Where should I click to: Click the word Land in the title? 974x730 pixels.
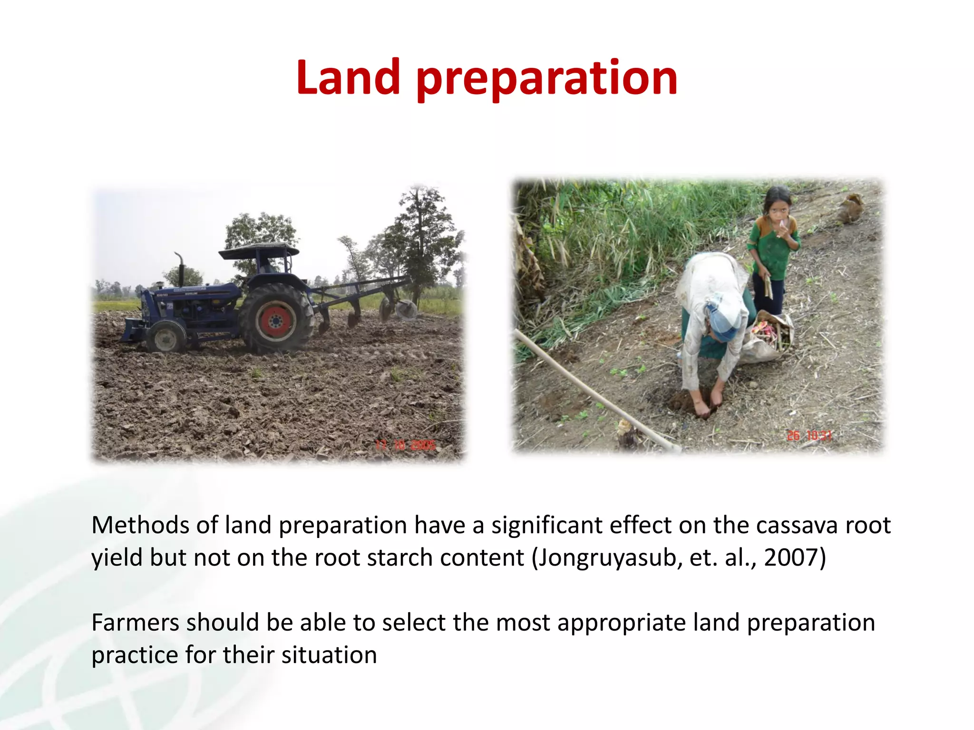[x=348, y=77]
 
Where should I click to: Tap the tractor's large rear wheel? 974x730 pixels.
[x=276, y=318]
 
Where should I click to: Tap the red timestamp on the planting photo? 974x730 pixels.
[x=809, y=435]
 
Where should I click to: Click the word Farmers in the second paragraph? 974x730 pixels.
[x=135, y=623]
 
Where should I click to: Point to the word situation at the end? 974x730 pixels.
[x=329, y=655]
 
